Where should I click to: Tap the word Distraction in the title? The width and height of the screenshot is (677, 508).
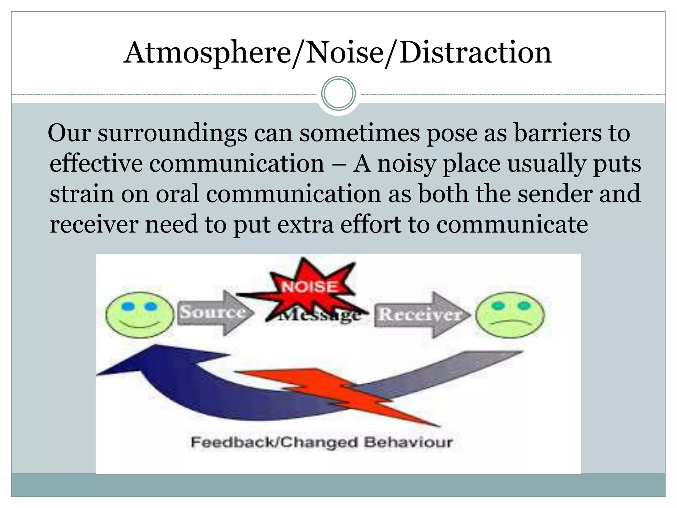475,53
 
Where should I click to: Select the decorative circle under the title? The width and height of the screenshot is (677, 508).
338,94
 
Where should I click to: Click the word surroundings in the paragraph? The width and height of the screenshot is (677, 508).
172,133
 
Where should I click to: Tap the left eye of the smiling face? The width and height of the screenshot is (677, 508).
127,307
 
